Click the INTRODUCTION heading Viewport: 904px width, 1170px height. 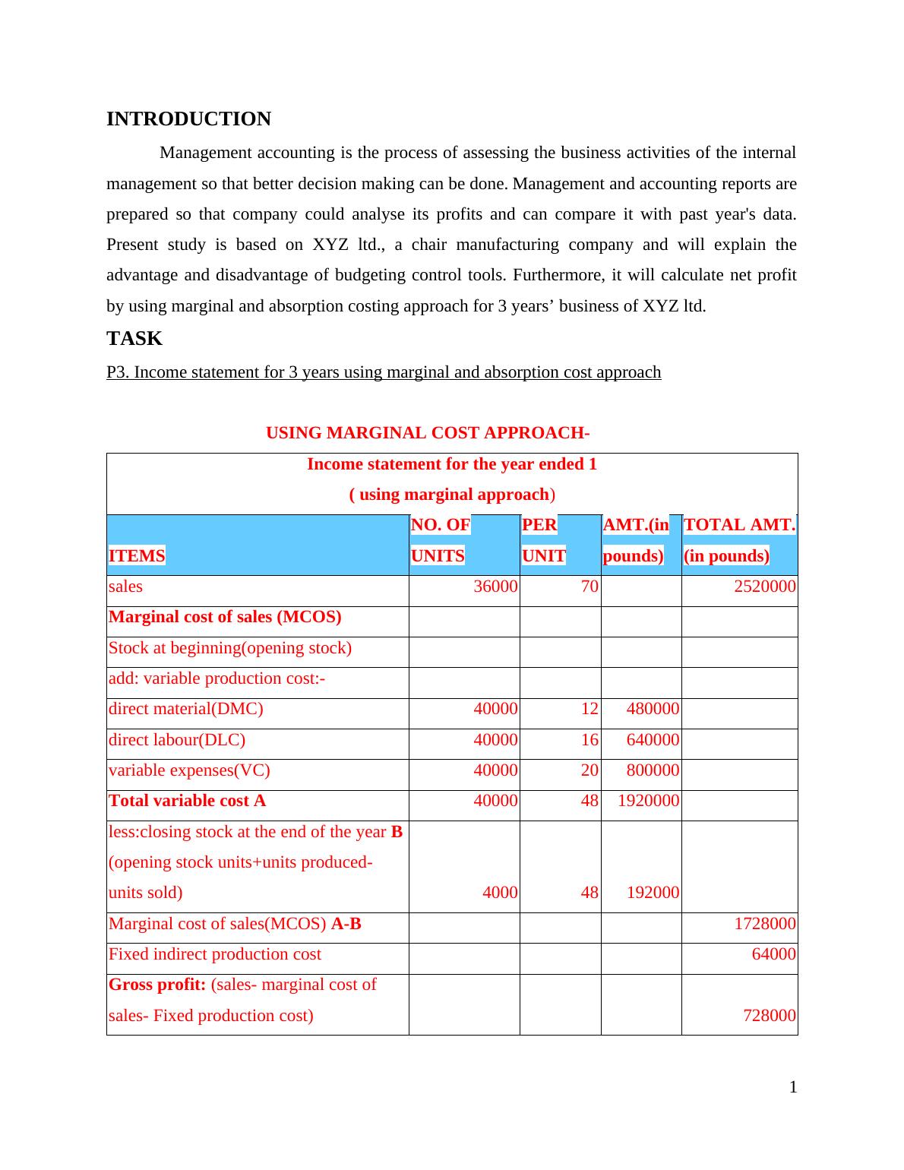188,119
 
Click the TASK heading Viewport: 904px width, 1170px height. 134,339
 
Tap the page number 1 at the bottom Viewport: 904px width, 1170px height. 793,1088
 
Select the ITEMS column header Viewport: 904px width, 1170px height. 137,556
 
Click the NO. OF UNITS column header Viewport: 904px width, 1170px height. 440,540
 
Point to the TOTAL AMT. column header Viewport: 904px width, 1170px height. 739,540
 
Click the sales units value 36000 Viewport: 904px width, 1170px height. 496,587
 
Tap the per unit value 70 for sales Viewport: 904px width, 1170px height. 589,587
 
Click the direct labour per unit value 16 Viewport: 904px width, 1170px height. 589,740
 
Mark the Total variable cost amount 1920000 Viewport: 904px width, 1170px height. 648,801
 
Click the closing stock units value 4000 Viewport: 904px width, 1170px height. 501,893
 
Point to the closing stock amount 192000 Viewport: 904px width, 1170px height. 653,893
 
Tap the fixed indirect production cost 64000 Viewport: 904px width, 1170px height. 773,954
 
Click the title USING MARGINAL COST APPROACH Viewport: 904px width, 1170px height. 428,433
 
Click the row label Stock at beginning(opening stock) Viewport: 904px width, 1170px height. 230,648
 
